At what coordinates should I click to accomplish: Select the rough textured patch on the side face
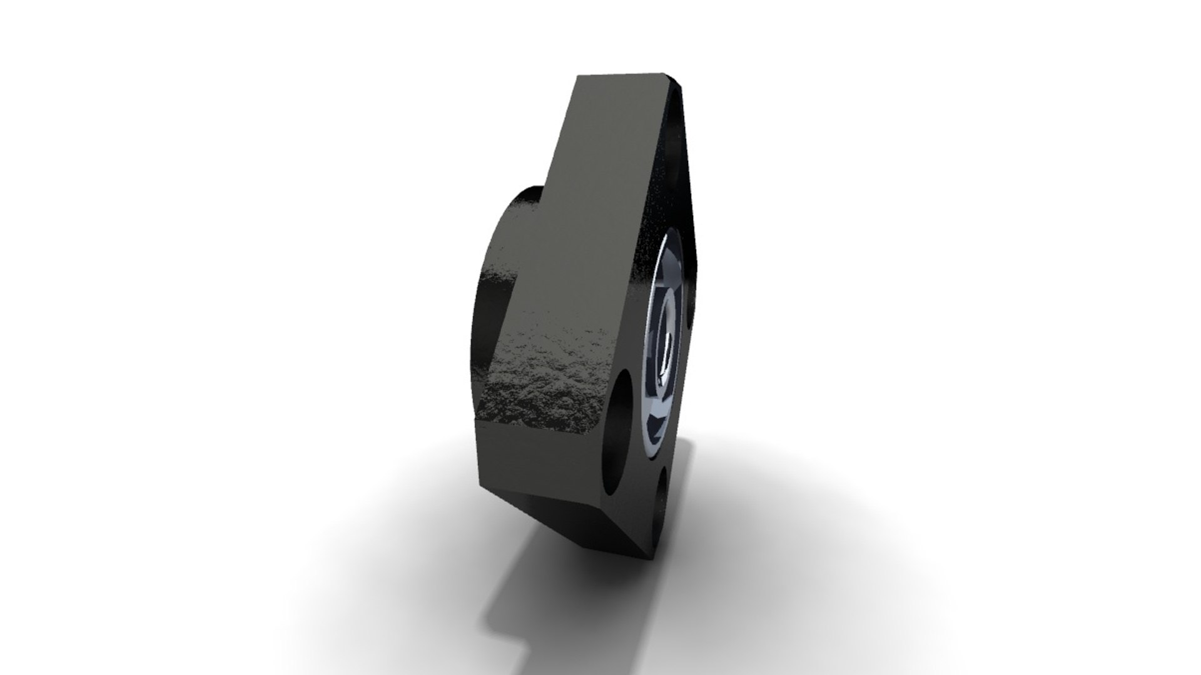544,387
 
